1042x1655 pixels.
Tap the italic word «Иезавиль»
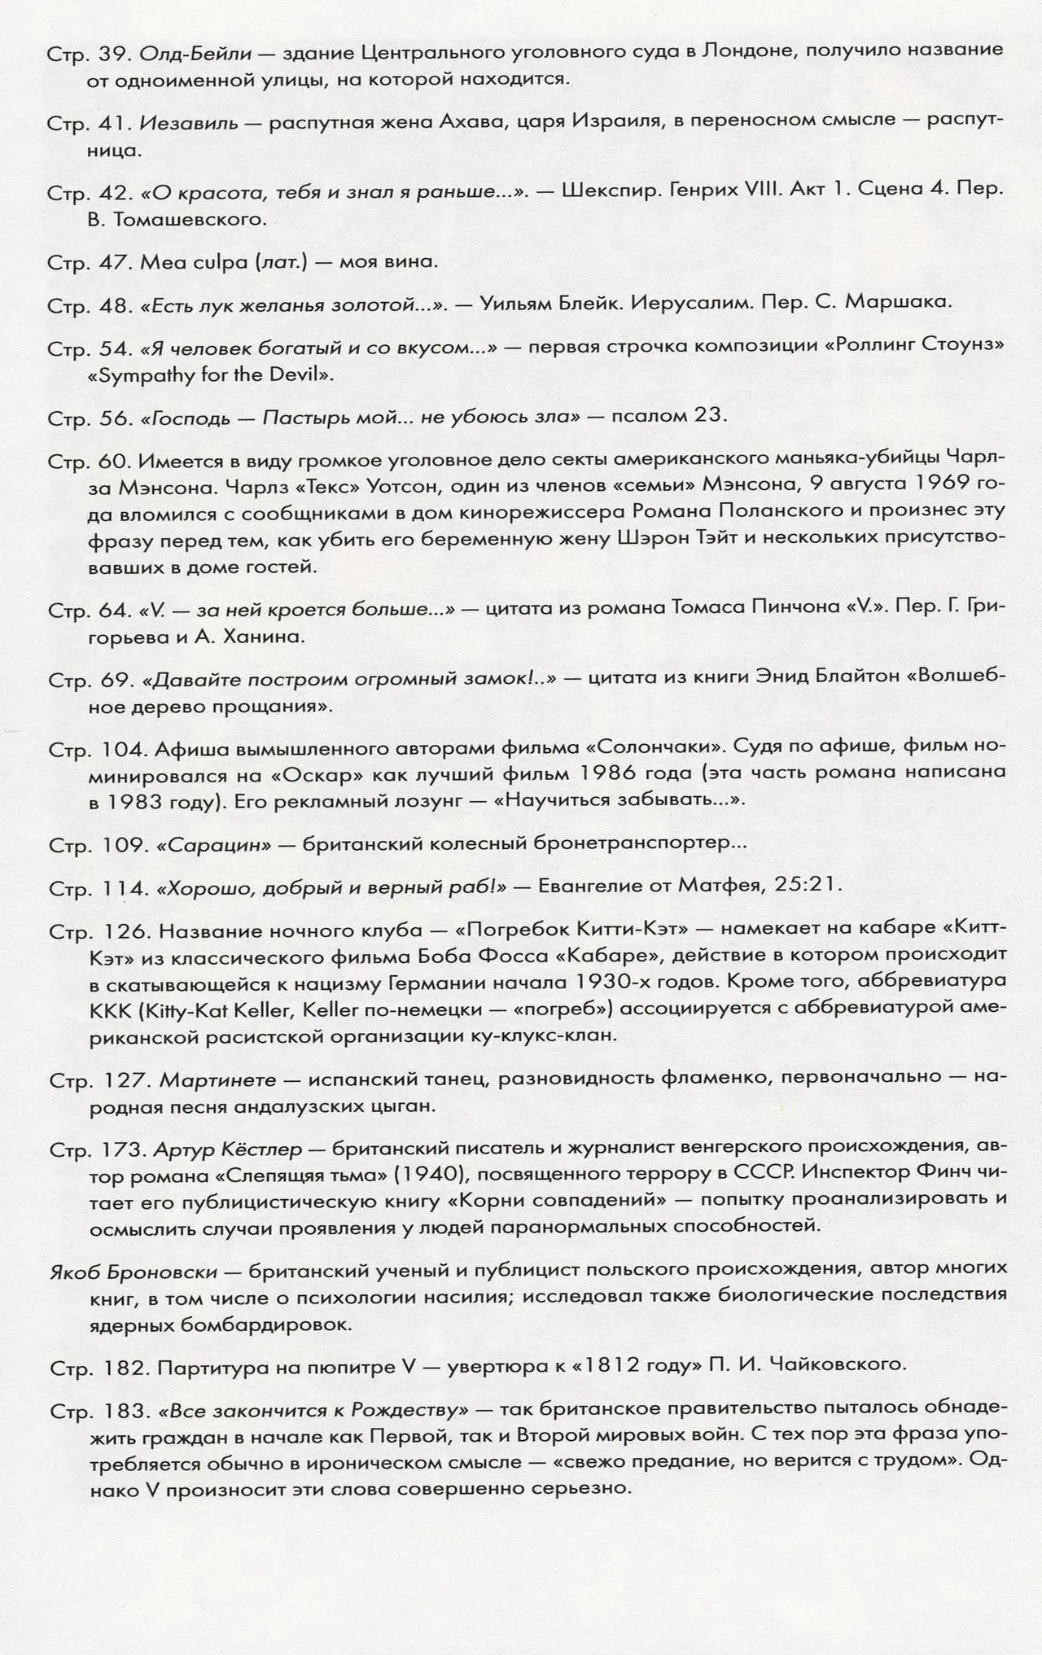(189, 123)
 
